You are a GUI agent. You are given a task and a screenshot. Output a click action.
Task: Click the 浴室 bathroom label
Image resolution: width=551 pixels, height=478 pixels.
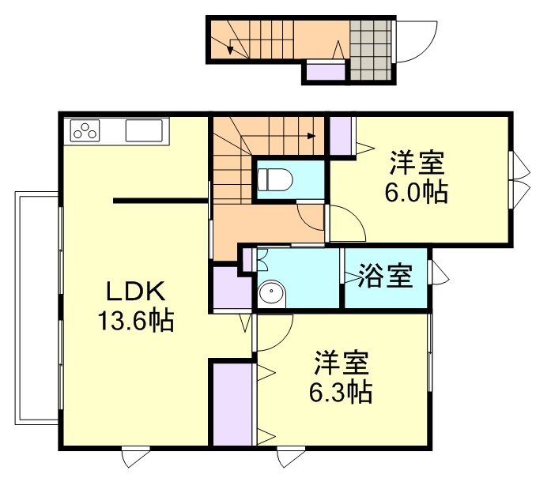click(x=384, y=277)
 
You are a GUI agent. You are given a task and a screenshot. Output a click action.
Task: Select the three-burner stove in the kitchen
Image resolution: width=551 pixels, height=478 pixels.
click(x=85, y=130)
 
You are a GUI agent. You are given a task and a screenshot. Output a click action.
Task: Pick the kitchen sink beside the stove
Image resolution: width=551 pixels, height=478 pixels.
click(x=143, y=130)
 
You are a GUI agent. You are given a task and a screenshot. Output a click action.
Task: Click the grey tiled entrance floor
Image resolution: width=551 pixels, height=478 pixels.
click(x=370, y=49)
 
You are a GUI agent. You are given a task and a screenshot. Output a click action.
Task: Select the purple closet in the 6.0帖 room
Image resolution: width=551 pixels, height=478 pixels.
click(x=341, y=136)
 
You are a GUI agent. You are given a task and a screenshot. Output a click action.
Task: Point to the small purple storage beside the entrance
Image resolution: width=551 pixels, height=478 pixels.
click(x=325, y=73)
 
